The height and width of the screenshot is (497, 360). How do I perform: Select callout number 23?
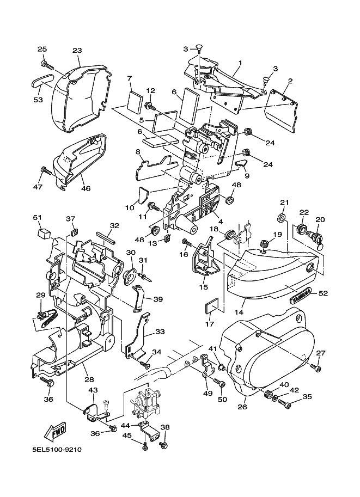(x=77, y=50)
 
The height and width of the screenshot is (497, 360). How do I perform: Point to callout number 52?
(x=323, y=293)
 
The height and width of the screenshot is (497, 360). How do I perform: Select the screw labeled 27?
(x=316, y=367)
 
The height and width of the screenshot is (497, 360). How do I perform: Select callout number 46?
(x=86, y=188)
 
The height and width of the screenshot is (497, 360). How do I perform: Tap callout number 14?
(x=239, y=312)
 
